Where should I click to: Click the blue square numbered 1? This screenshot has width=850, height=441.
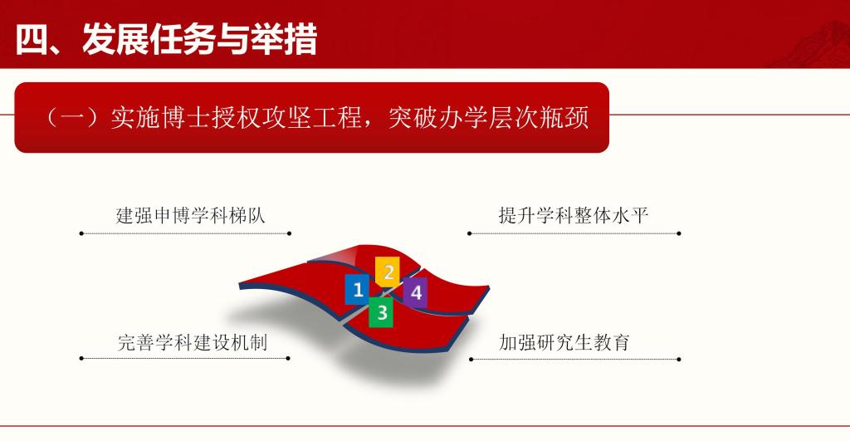click(358, 289)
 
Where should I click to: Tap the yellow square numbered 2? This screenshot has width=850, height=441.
click(388, 271)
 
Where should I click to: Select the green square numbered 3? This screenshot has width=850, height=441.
click(381, 312)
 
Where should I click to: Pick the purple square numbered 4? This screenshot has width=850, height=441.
click(416, 292)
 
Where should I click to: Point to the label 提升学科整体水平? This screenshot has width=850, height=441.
click(573, 217)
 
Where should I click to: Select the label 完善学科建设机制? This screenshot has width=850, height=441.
click(192, 342)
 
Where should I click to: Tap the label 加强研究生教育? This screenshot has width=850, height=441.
click(564, 342)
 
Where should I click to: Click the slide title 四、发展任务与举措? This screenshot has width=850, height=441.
click(166, 39)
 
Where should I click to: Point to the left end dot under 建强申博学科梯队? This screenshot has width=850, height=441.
click(81, 233)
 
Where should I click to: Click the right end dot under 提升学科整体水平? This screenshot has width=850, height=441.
click(679, 233)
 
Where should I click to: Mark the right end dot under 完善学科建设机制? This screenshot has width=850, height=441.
click(288, 359)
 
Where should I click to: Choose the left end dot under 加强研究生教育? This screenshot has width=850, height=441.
click(471, 360)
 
